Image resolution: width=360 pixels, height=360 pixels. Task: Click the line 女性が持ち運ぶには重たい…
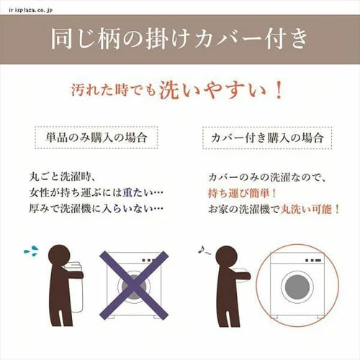[x=89, y=193]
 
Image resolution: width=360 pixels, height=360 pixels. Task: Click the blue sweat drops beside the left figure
[x=31, y=251]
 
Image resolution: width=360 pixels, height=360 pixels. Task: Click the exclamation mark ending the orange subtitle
[x=279, y=91]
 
